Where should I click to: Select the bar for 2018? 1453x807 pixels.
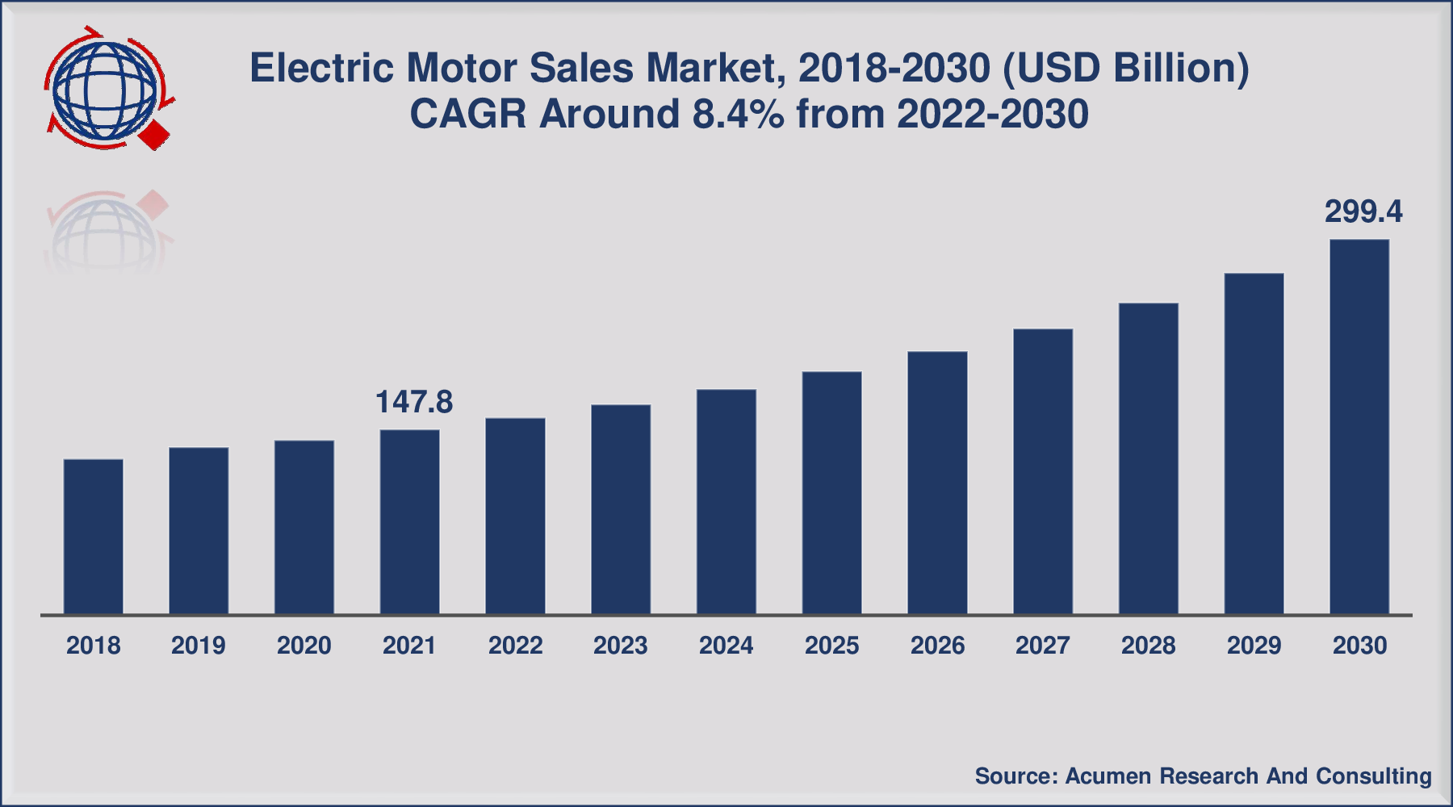click(x=93, y=537)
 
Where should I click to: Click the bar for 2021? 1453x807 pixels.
click(x=409, y=522)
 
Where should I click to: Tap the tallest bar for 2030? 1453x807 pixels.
click(x=1359, y=427)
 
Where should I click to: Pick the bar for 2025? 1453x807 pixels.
click(x=831, y=493)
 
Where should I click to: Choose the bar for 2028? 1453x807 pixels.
click(x=1148, y=459)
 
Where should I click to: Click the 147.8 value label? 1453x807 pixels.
click(x=414, y=402)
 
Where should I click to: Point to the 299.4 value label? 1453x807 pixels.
click(x=1363, y=211)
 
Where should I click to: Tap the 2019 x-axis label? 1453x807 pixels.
click(x=199, y=646)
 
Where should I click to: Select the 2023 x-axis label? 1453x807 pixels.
click(x=621, y=646)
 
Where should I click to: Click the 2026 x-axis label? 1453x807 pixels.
click(x=937, y=646)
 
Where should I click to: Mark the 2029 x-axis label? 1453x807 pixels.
click(x=1254, y=646)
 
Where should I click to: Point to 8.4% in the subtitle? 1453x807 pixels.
click(x=738, y=114)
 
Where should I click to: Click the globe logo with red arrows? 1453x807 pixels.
click(x=105, y=89)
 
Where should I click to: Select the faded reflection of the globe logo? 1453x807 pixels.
click(x=105, y=234)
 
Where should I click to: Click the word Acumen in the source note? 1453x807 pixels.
click(x=1108, y=776)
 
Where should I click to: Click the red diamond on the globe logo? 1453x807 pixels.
click(x=155, y=135)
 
